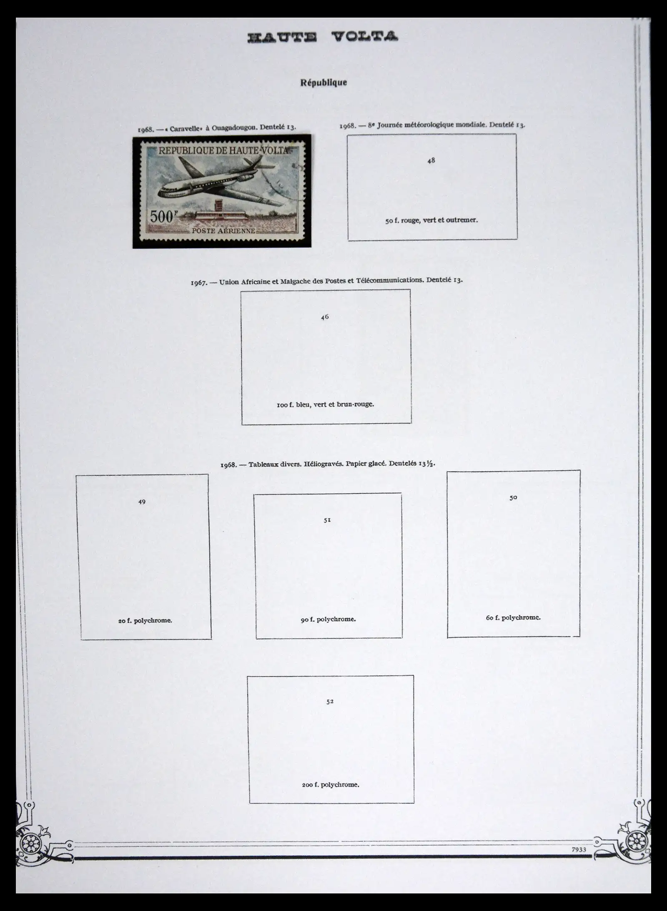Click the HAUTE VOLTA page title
click(323, 37)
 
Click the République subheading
click(323, 83)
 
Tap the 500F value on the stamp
click(162, 217)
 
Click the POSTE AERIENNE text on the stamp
click(223, 231)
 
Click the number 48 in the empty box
click(431, 160)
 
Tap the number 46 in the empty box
click(325, 317)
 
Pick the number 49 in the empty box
click(142, 502)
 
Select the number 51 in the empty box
click(327, 520)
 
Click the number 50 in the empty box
click(513, 497)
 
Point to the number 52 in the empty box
click(330, 701)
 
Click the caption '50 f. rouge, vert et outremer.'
click(431, 220)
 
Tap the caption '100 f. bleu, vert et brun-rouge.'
click(325, 404)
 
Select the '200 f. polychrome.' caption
click(331, 784)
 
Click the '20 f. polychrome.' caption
click(145, 620)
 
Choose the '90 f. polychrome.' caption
click(328, 619)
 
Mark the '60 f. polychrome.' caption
click(513, 617)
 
